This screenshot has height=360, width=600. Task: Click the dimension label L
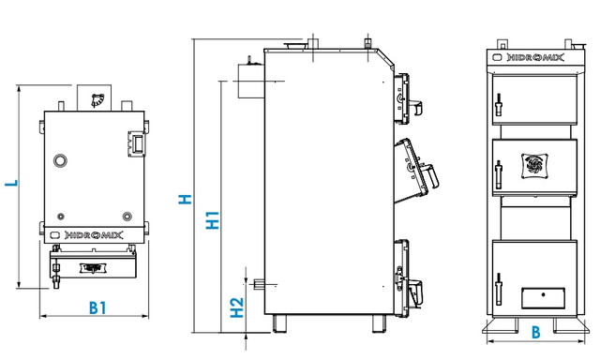[x=12, y=183]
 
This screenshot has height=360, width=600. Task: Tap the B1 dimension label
[x=97, y=307]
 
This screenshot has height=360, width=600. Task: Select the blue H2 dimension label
[x=237, y=307]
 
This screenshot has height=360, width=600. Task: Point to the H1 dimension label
[x=213, y=220]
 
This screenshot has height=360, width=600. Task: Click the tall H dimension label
[x=185, y=199]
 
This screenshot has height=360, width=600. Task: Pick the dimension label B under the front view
[x=536, y=332]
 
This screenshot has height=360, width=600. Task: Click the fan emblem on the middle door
[x=534, y=166]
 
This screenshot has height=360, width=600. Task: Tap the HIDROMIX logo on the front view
[x=535, y=58]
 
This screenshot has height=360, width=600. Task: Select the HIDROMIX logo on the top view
[x=94, y=235]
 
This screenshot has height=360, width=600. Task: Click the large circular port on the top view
[x=60, y=160]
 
